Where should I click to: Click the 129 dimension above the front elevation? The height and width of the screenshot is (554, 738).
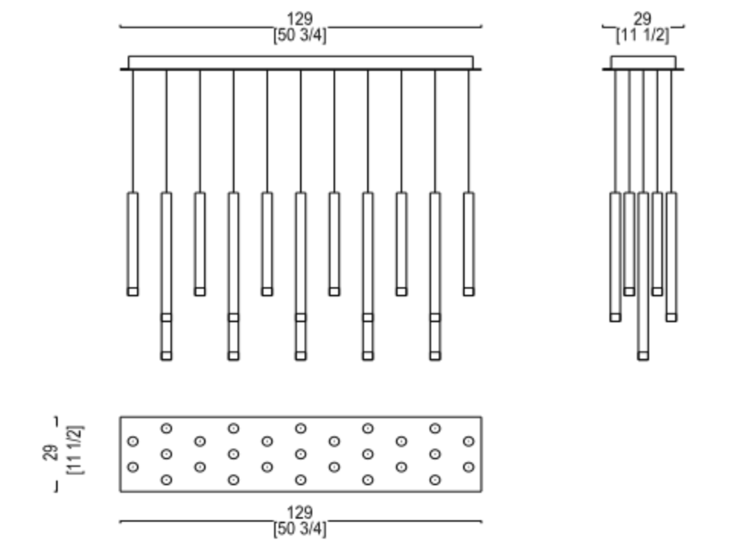coord(300,20)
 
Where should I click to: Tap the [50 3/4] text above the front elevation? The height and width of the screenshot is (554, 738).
coord(300,36)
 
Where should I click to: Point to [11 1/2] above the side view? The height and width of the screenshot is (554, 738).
coord(643,36)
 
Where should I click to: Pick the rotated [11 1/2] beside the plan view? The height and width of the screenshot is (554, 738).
coord(76,450)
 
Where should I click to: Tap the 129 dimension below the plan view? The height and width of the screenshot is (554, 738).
coord(300,514)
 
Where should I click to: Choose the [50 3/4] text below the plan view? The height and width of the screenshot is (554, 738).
coord(300,529)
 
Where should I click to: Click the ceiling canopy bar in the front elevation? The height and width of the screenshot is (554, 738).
coord(301,63)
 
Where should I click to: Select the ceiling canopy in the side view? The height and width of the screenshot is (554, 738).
coord(643,63)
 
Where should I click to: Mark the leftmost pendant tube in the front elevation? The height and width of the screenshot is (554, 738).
coord(133,241)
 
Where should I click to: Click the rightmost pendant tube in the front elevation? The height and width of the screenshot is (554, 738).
coord(469,241)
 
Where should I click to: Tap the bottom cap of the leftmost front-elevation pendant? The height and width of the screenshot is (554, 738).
coord(133,291)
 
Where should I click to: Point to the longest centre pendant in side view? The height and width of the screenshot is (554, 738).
coord(643,272)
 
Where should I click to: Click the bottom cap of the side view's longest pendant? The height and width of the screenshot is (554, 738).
coord(643,356)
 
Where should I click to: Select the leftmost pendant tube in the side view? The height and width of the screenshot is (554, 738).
coord(615,253)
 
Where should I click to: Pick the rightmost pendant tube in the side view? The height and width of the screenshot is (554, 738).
coord(671,253)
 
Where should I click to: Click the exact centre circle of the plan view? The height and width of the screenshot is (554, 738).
coord(301,454)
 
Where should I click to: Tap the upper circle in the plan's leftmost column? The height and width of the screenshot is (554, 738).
coord(133,441)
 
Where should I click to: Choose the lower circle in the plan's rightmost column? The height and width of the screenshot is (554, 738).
coord(469,466)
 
